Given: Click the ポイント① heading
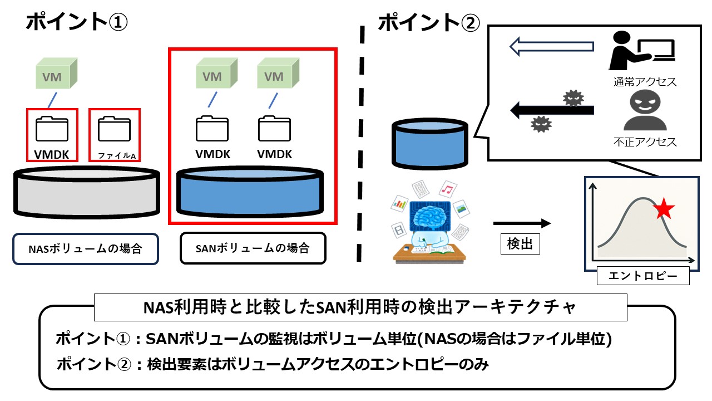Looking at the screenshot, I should [x=77, y=23].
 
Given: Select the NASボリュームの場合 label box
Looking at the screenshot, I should [x=85, y=249].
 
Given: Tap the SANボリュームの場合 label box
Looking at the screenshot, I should [x=253, y=248].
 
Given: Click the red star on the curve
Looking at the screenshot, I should [x=664, y=209].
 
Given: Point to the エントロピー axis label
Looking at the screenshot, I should [x=642, y=276].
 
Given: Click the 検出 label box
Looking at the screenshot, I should [x=520, y=244].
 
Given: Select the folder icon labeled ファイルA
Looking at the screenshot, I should [x=114, y=128].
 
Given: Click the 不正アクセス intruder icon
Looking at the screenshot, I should [x=645, y=111].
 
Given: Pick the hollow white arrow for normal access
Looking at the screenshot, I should [x=552, y=47].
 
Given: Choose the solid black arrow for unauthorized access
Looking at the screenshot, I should [x=552, y=110].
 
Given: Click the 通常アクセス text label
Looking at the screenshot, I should [x=645, y=82].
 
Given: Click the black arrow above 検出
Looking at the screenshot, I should [x=521, y=223].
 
